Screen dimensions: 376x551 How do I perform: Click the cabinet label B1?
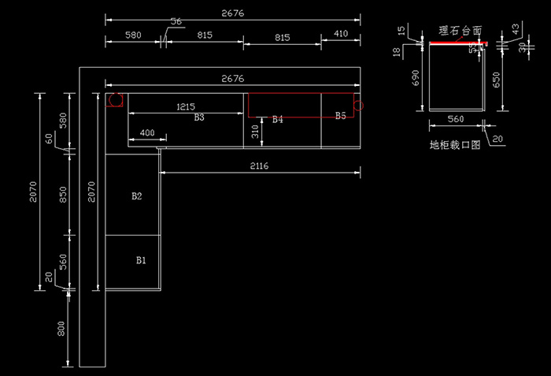[142, 259]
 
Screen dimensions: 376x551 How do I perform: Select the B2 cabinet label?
[137, 195]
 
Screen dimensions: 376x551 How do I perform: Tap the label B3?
[199, 117]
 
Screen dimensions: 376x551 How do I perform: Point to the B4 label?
[277, 120]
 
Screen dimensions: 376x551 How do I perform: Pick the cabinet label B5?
[340, 116]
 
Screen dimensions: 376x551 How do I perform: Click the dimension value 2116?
[260, 166]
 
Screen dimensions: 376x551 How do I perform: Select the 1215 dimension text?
[186, 106]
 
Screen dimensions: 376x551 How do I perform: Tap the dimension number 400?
[147, 133]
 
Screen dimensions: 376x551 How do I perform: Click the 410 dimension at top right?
[341, 34]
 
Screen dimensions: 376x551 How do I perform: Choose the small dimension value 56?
[176, 22]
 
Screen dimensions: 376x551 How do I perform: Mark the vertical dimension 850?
[62, 194]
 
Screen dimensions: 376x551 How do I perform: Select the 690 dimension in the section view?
[416, 77]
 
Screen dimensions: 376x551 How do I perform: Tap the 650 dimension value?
[496, 80]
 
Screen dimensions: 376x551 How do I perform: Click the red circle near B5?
[358, 105]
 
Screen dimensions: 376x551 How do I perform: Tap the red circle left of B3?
[116, 101]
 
